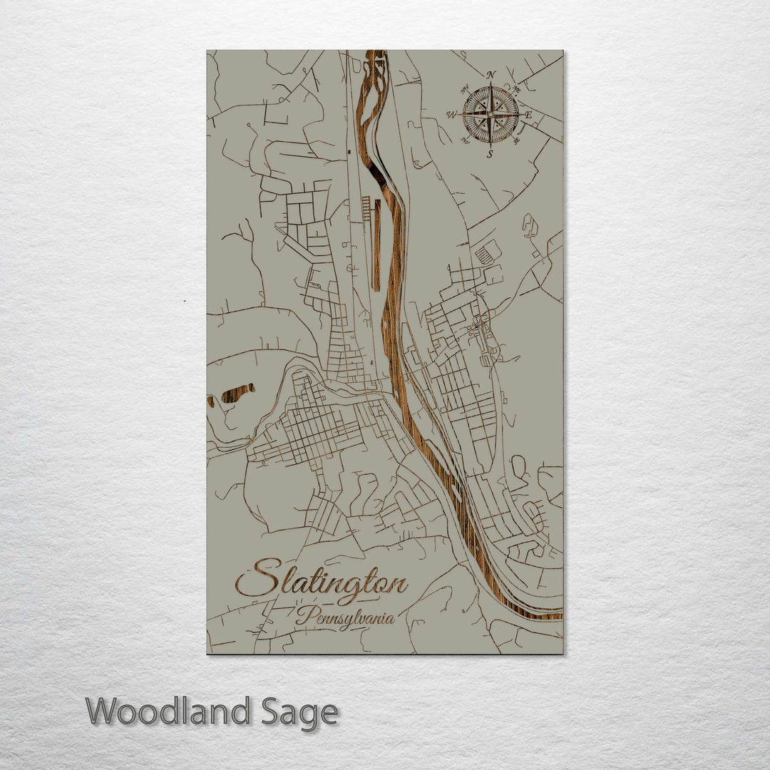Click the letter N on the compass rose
coord(491,75)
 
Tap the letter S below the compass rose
coord(490,154)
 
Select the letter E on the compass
coord(528,115)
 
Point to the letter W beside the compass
coord(451,114)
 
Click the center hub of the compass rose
coord(491,114)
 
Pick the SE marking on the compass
coord(517,140)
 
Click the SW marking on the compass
coord(464,140)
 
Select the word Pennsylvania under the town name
coord(345,617)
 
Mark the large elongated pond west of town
coord(237,394)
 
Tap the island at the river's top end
coord(371,68)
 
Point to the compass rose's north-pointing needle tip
coord(491,85)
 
